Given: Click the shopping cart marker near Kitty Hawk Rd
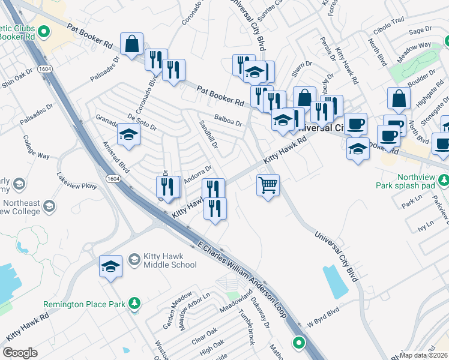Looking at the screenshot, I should click(268, 184).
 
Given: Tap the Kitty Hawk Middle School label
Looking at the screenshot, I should click(169, 260).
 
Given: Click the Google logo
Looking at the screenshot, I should click(20, 352).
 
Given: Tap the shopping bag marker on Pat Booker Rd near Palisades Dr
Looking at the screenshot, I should click(131, 43).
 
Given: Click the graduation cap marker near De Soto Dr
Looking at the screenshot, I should click(128, 134).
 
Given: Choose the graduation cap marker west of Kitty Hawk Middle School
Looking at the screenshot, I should click(110, 266).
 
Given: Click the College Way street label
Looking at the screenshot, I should click(36, 146).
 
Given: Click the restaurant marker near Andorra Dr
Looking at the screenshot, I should click(167, 187).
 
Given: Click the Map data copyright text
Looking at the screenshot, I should click(424, 355).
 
